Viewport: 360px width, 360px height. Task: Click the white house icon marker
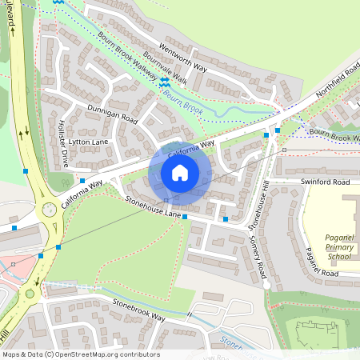point(179,172)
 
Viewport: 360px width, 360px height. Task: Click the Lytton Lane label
point(88,142)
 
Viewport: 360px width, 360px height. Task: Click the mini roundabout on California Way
point(49,210)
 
